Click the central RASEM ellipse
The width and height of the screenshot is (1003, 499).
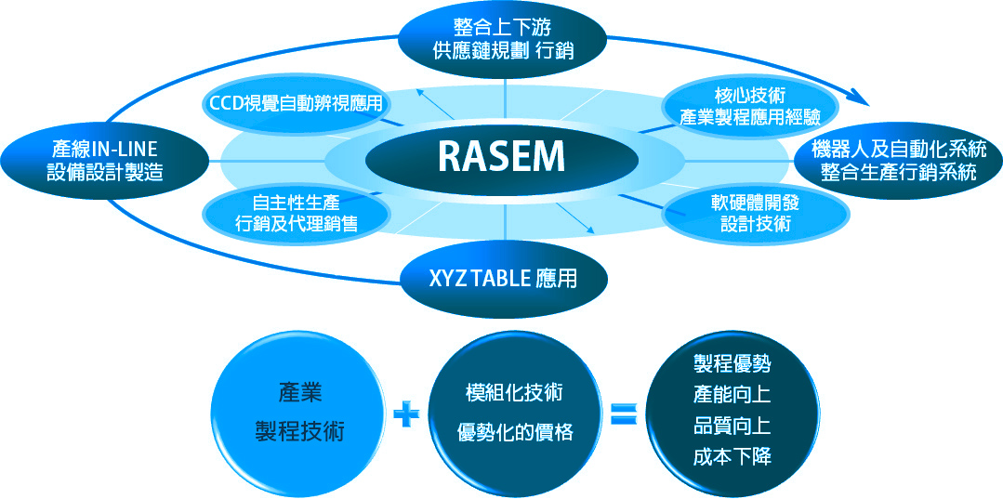tap(502, 158)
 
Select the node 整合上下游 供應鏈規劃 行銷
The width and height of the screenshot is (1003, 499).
tap(503, 38)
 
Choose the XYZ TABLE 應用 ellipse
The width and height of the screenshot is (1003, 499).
tap(503, 277)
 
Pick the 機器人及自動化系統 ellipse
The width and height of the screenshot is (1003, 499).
tap(898, 159)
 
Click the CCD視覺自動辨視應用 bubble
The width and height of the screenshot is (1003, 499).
tap(296, 103)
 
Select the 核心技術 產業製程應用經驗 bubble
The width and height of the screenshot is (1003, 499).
tap(750, 105)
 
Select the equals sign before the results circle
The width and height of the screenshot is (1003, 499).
tap(622, 413)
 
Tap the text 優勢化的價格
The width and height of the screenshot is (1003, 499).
tap(515, 433)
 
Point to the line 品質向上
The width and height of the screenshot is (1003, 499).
tap(732, 426)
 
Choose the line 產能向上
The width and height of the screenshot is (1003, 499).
tap(732, 395)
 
